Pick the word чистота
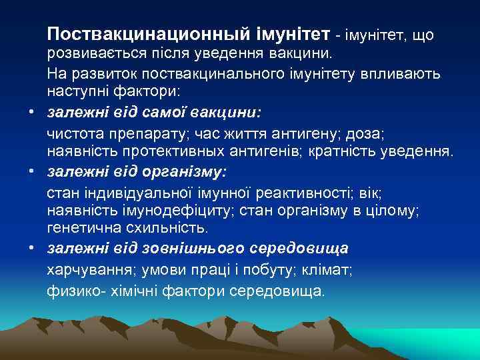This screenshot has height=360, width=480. coord(73,135)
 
